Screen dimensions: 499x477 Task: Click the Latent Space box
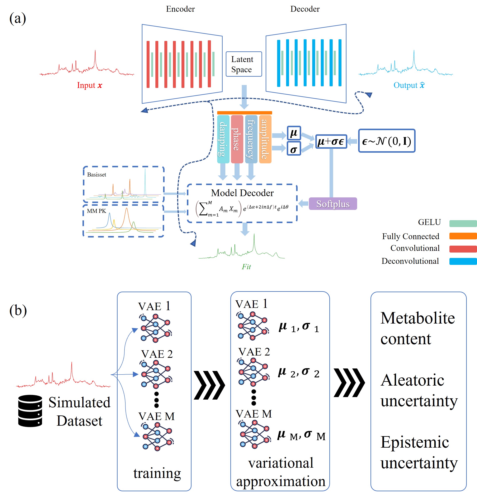[244, 64]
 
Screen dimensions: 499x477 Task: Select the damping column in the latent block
[223, 139]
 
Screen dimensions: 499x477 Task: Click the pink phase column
[237, 139]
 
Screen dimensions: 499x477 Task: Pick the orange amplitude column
[265, 139]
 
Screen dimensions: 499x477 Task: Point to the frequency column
[251, 139]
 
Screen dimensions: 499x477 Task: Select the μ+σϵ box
[331, 141]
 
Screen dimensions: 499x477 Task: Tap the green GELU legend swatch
[463, 223]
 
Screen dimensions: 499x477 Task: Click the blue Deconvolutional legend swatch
[463, 261]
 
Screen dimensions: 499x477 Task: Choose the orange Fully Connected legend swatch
[463, 236]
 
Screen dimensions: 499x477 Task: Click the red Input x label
[90, 85]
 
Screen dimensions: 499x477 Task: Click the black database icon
[30, 410]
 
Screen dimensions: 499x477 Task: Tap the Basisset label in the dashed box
[97, 174]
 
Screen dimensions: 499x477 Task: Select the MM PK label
[96, 211]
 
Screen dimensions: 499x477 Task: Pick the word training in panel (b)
[157, 473]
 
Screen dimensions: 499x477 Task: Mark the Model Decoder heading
[242, 193]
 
